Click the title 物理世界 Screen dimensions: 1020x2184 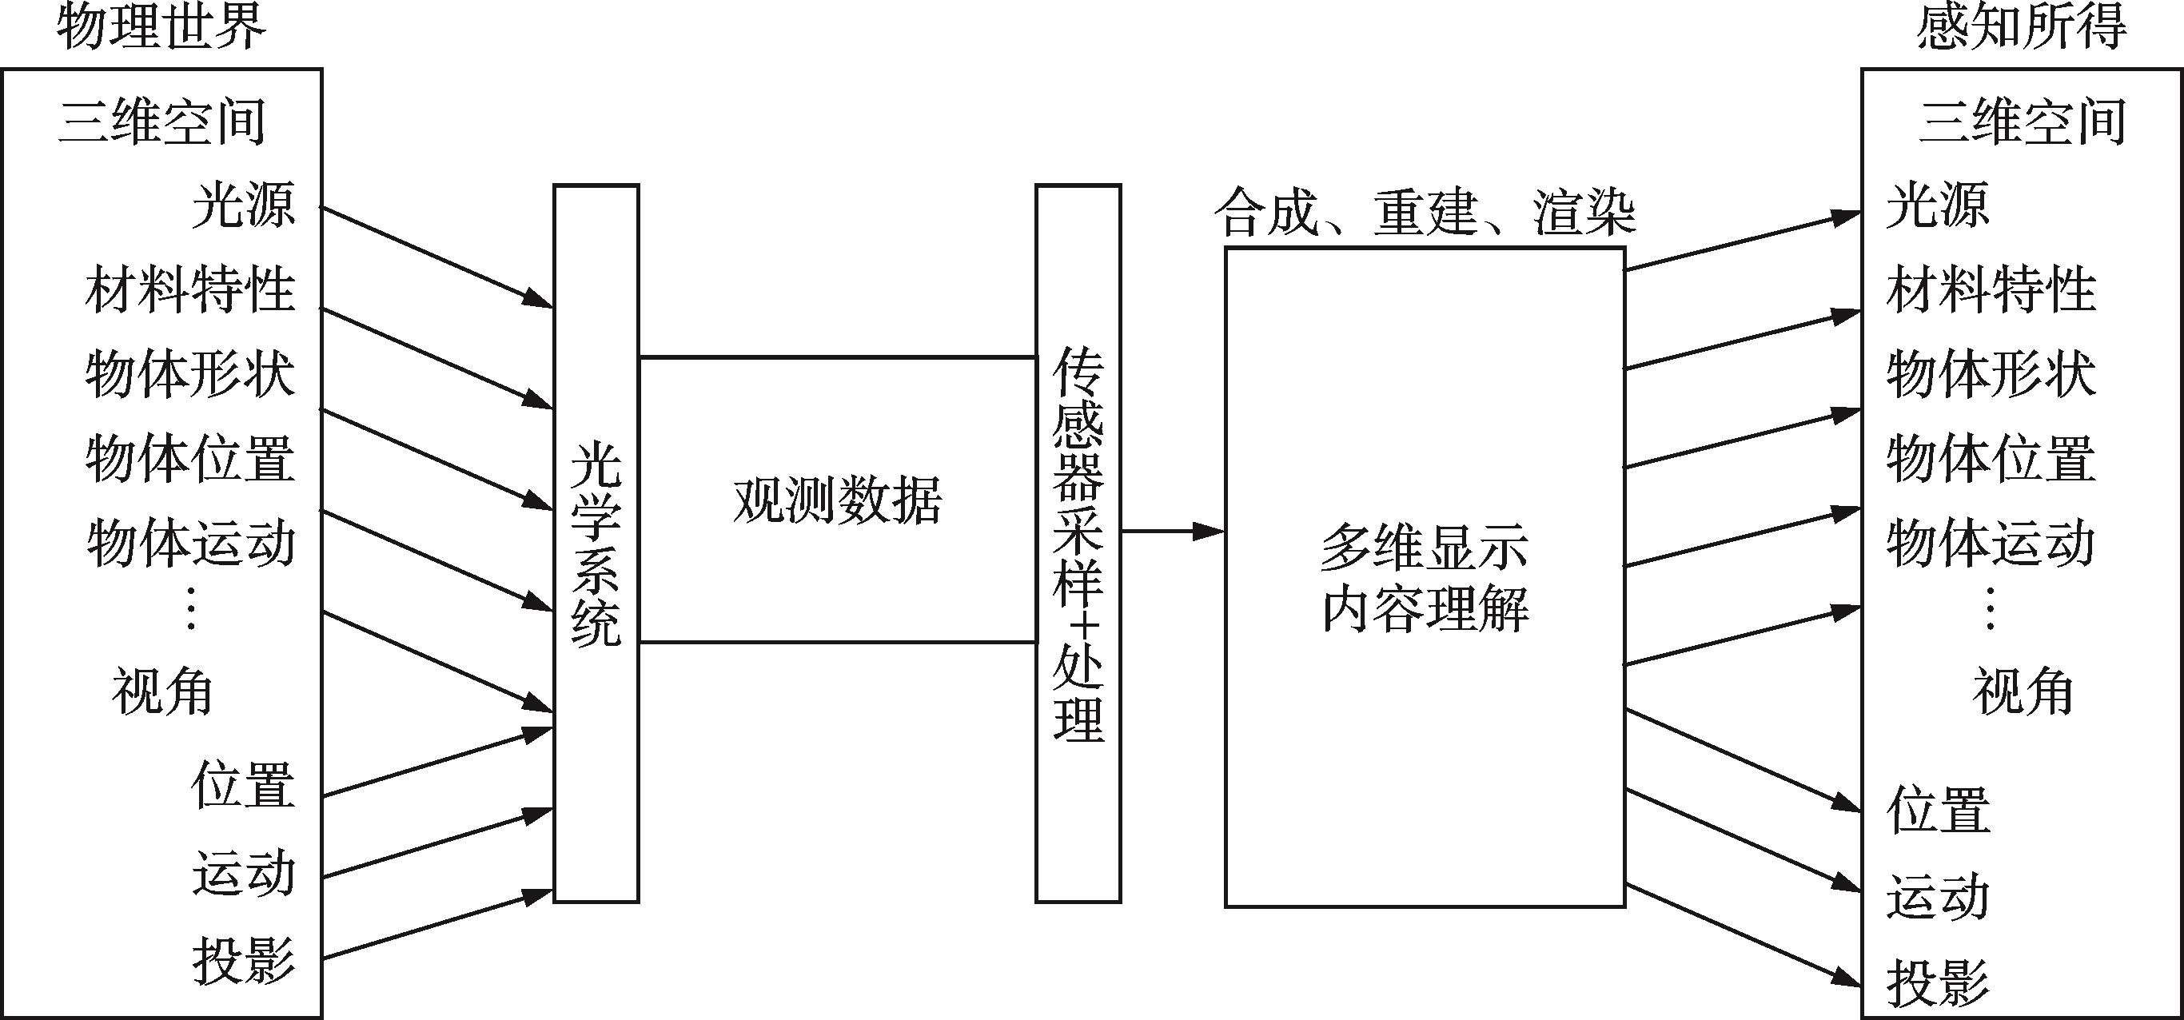pyautogui.click(x=161, y=27)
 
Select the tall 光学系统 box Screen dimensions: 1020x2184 pyautogui.click(x=596, y=543)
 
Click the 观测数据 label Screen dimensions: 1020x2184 pyautogui.click(x=837, y=500)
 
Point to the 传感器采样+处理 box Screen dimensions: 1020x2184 pyautogui.click(x=1078, y=543)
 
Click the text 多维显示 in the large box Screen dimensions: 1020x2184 pyautogui.click(x=1425, y=548)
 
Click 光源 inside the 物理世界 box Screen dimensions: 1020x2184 pyautogui.click(x=243, y=205)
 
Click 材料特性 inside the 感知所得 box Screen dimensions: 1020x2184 pyautogui.click(x=1991, y=289)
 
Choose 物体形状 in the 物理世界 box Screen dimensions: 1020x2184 pyautogui.click(x=190, y=374)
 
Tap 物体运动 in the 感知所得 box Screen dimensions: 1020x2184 pyautogui.click(x=1991, y=543)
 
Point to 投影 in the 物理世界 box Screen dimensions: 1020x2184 pyautogui.click(x=243, y=961)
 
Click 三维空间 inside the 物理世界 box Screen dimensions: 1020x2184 pyautogui.click(x=161, y=122)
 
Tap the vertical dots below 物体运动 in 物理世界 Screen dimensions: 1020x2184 pyautogui.click(x=191, y=609)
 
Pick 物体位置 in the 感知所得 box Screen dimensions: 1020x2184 pyautogui.click(x=1991, y=458)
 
